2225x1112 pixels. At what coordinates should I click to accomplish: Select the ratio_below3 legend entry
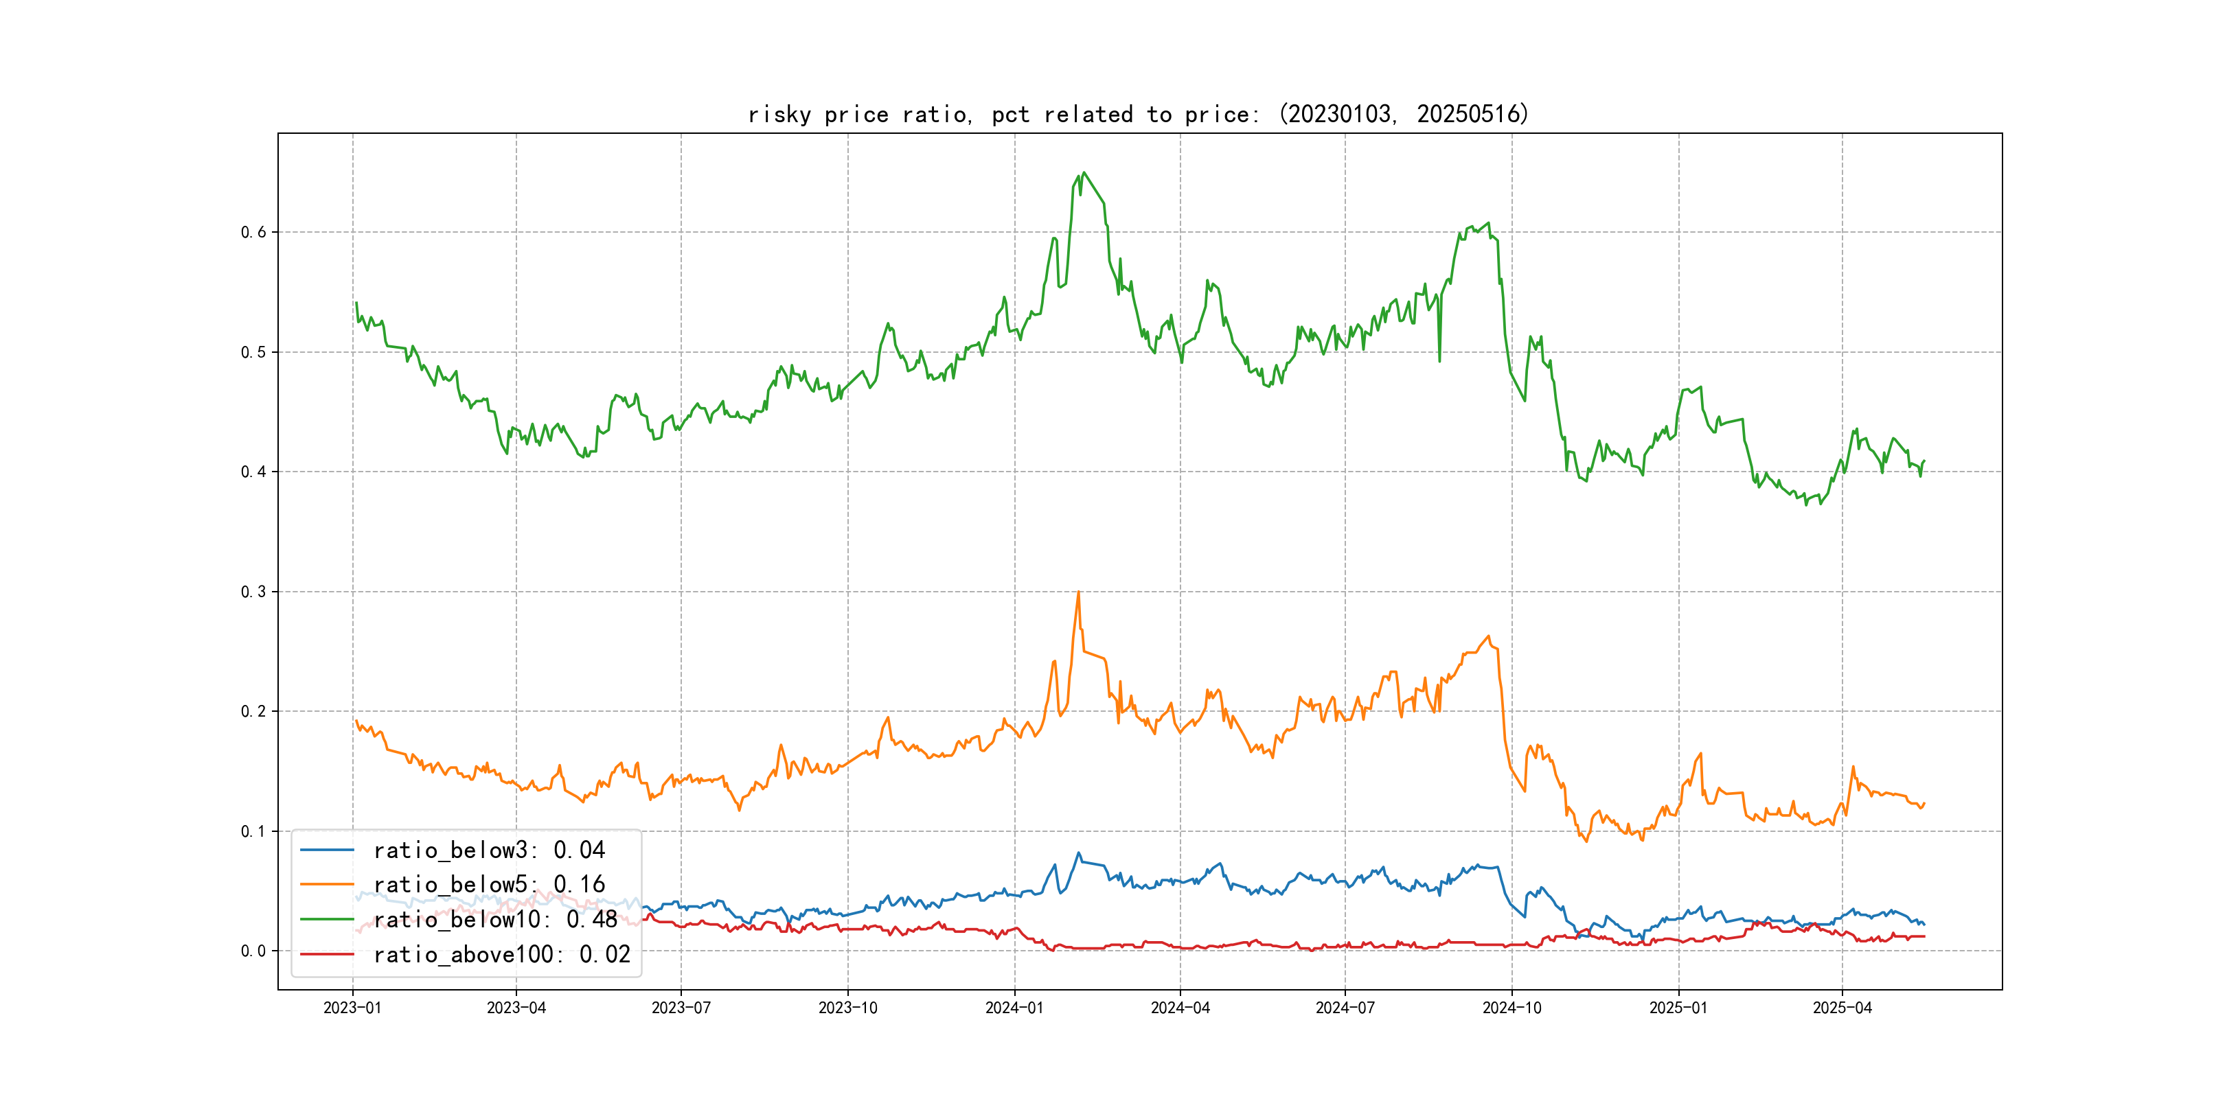489,850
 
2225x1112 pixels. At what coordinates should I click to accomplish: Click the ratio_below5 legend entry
489,885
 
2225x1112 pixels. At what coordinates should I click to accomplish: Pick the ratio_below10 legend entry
495,920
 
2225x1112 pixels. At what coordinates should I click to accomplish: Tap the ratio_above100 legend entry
501,955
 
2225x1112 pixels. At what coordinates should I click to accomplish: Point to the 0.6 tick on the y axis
253,232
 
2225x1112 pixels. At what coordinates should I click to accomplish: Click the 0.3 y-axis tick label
253,592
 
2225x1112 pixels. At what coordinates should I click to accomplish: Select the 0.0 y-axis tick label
253,951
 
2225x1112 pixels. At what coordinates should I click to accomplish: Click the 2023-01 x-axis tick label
352,1008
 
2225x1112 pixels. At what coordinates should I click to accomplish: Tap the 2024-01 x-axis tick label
1014,1008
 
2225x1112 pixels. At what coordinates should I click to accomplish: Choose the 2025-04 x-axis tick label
1842,1008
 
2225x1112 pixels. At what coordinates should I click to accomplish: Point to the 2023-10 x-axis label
847,1008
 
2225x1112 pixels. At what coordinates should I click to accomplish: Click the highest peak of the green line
1084,173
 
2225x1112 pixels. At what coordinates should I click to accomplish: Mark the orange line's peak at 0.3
1078,592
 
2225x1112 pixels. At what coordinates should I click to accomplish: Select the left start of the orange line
356,721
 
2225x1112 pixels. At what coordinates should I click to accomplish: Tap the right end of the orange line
1924,804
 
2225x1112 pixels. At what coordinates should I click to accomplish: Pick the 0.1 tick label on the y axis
253,831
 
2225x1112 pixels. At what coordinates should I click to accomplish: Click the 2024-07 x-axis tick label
1344,1008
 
